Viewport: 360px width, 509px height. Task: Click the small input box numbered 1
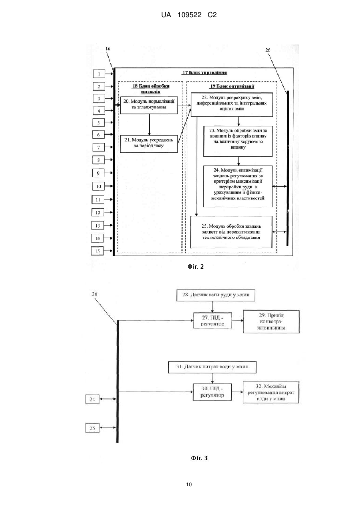point(99,74)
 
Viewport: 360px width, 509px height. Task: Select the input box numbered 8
point(98,160)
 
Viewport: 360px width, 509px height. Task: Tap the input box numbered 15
point(97,251)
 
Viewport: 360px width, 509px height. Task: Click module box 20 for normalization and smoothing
point(149,105)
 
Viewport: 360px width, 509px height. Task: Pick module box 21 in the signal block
point(149,144)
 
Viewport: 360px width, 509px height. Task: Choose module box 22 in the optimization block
point(232,104)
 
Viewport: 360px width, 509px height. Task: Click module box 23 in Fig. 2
point(238,141)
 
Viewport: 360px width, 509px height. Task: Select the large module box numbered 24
point(238,186)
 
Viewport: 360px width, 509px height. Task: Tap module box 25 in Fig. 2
point(231,232)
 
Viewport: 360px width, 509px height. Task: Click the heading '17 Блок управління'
point(205,72)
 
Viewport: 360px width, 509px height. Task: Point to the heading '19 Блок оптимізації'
point(232,86)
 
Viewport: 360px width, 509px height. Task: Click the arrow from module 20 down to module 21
point(149,124)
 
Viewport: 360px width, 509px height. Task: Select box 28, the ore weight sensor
point(215,295)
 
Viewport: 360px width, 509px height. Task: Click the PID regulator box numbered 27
point(213,320)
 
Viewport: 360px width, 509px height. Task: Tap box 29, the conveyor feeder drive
point(271,321)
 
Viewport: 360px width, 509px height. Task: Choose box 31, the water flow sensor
point(212,367)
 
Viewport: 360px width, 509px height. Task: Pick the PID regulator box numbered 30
point(213,392)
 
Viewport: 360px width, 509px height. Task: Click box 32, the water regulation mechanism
point(271,392)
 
